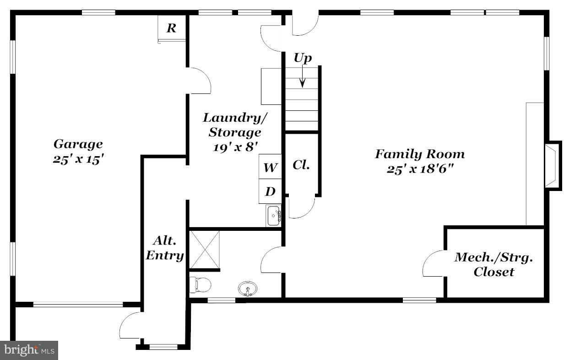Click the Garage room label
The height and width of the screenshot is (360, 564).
click(x=78, y=144)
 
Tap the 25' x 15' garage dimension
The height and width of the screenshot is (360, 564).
click(x=76, y=160)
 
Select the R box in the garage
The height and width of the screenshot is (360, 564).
click(x=171, y=28)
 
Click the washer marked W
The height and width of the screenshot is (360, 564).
click(x=270, y=168)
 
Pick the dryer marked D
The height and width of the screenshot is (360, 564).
click(x=270, y=191)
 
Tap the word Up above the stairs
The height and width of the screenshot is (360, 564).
click(x=303, y=58)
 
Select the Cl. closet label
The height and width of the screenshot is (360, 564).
click(x=301, y=165)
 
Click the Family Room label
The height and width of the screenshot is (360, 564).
click(x=420, y=154)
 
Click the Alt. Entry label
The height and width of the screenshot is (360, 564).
click(x=165, y=248)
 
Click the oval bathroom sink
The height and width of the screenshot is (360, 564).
click(x=247, y=289)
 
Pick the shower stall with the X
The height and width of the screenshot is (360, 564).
click(x=205, y=250)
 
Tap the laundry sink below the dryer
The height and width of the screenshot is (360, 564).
click(x=273, y=215)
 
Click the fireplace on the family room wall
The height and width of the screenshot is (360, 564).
click(x=552, y=165)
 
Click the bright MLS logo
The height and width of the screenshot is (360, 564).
click(x=28, y=350)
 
